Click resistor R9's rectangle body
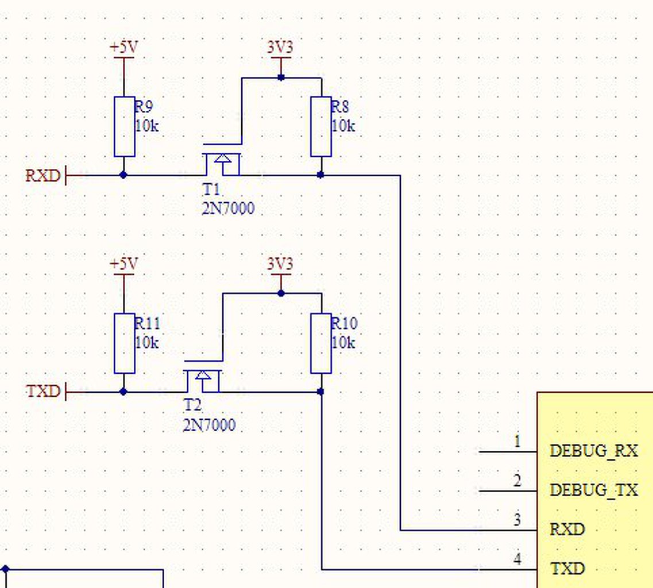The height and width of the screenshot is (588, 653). click(x=124, y=126)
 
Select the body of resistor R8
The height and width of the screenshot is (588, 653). click(x=321, y=126)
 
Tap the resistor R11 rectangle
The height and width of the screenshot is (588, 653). click(x=124, y=343)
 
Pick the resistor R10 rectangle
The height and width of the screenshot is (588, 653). click(x=321, y=343)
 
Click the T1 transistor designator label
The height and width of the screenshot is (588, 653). click(x=211, y=190)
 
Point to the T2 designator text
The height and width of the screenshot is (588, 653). click(x=192, y=405)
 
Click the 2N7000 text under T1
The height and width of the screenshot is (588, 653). click(x=228, y=208)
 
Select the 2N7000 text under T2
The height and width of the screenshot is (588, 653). click(x=209, y=425)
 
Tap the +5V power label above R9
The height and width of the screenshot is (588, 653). click(x=123, y=48)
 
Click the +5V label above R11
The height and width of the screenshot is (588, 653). click(x=123, y=264)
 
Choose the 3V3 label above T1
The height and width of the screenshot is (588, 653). click(x=280, y=47)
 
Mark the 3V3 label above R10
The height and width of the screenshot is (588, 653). click(x=280, y=264)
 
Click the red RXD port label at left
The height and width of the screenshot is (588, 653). click(x=43, y=176)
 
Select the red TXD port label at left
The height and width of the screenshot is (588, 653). click(x=43, y=392)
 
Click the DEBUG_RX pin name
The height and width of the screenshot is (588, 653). click(x=593, y=451)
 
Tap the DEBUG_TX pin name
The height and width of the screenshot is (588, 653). click(x=593, y=490)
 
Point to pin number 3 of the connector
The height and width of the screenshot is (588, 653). click(x=517, y=520)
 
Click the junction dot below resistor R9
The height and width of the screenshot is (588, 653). click(x=123, y=175)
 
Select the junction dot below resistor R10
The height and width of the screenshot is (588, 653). click(x=320, y=392)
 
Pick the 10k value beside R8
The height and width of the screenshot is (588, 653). click(x=343, y=126)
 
